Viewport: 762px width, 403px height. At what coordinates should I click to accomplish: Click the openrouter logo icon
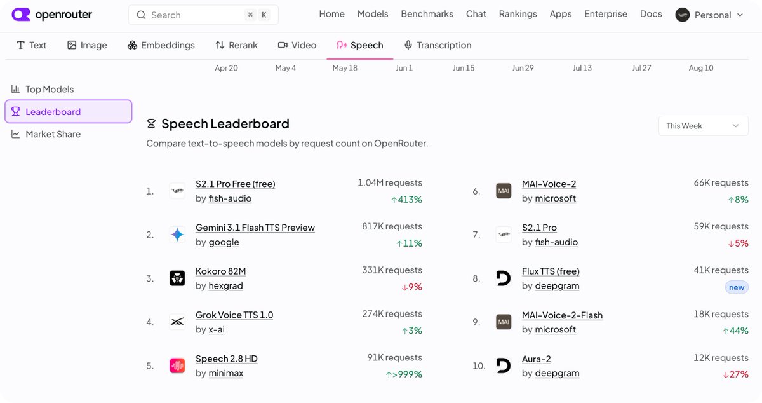(x=21, y=15)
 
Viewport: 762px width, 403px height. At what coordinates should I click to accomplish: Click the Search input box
(x=203, y=15)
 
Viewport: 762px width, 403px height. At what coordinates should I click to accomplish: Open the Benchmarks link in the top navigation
(x=427, y=14)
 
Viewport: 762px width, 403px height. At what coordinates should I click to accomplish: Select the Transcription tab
(x=438, y=45)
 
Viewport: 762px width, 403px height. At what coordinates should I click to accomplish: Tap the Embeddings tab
(x=161, y=45)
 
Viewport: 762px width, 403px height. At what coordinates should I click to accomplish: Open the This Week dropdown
(x=703, y=126)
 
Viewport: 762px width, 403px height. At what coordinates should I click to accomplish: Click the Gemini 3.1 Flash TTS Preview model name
(x=255, y=228)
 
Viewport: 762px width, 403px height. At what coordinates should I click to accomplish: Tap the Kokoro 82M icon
(x=177, y=278)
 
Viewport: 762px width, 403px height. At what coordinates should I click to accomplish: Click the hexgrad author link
(x=225, y=286)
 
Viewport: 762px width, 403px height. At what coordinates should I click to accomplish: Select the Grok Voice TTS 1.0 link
(x=234, y=315)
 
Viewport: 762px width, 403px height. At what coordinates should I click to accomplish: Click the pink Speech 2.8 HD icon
(x=177, y=366)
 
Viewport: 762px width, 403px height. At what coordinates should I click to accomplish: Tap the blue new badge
(x=737, y=287)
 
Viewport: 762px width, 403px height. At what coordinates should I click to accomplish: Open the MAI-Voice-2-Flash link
(x=563, y=315)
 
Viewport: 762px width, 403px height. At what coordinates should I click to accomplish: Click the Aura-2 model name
(x=537, y=359)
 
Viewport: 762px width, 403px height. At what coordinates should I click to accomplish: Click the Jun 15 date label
(x=464, y=68)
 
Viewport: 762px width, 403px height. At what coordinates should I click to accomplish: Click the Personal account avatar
(x=683, y=15)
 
